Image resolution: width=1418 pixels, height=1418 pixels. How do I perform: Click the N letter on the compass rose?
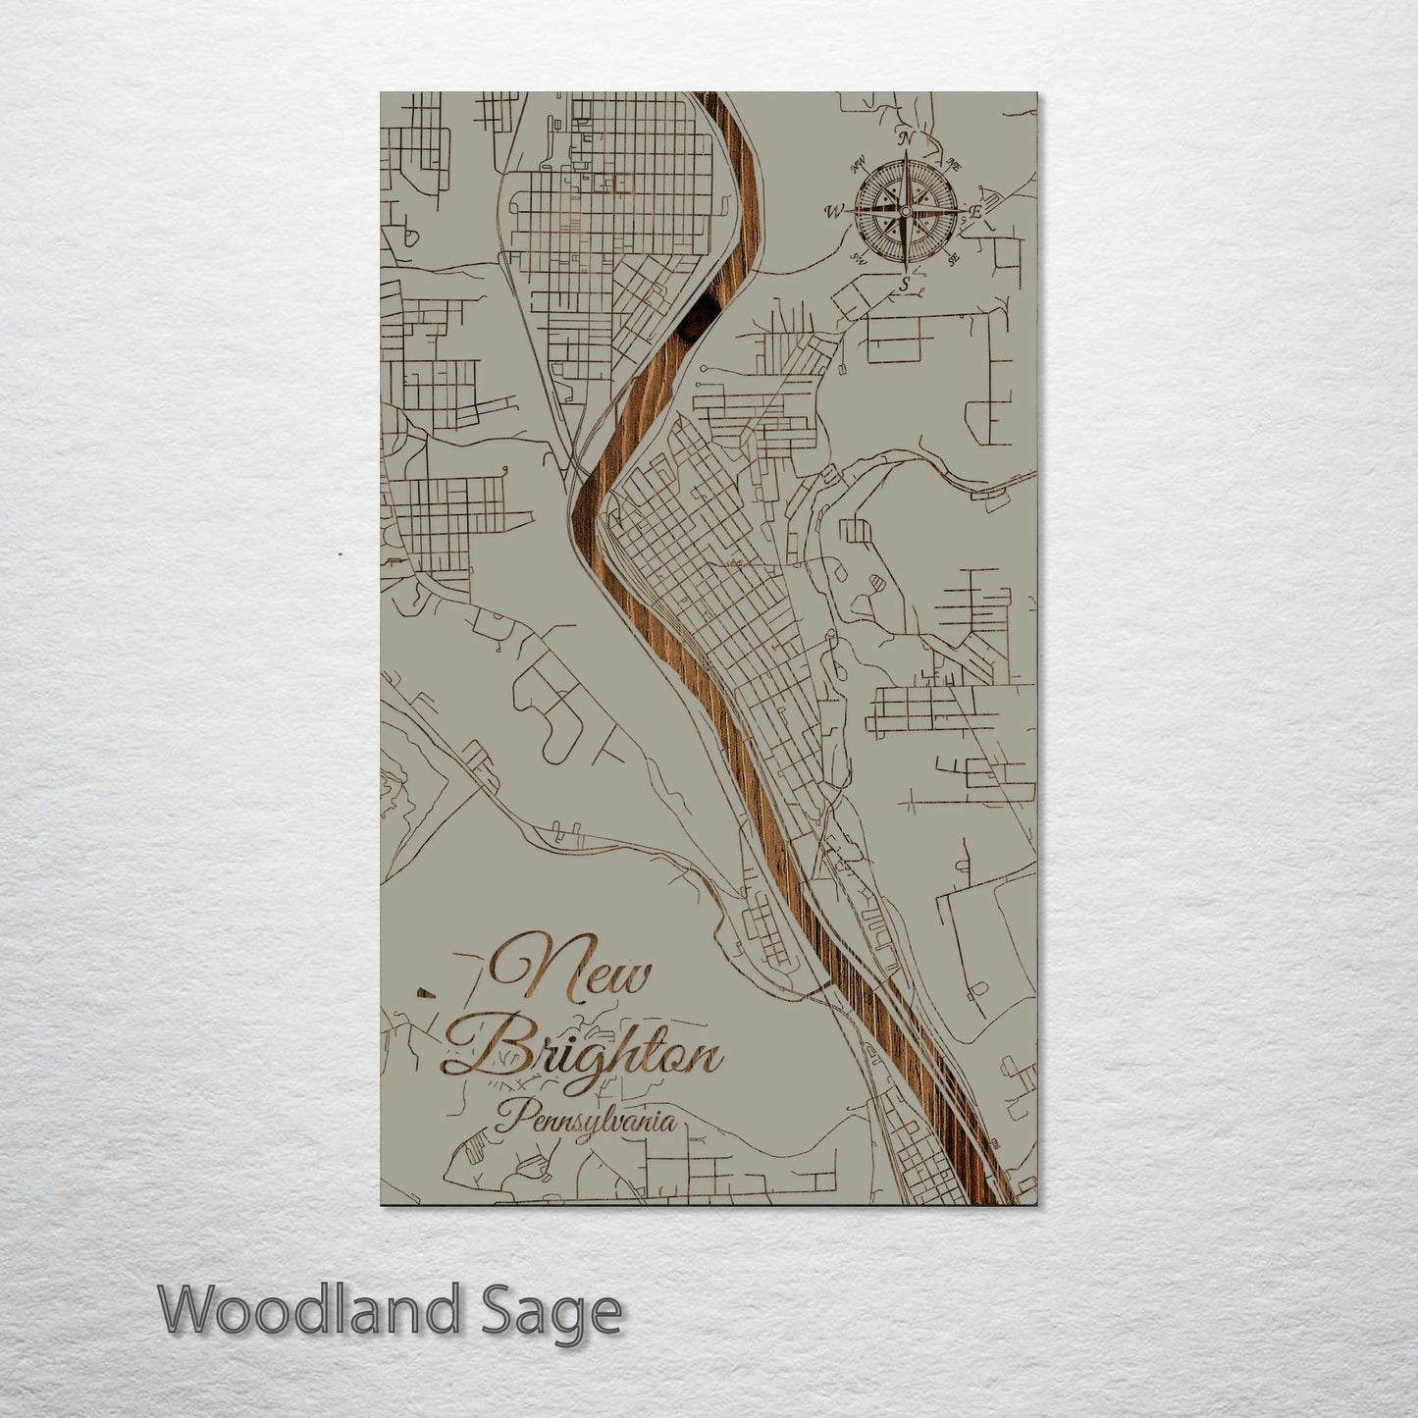(x=907, y=138)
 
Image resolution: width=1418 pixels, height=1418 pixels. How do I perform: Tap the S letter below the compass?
(x=905, y=285)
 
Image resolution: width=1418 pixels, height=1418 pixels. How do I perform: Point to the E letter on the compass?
(x=975, y=211)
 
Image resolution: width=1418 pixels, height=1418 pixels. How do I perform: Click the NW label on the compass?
(x=857, y=163)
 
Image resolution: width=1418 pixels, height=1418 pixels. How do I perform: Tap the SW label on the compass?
(x=858, y=259)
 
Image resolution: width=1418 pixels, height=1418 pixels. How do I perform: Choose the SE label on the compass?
(x=953, y=259)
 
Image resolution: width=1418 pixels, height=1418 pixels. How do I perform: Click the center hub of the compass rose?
(x=906, y=211)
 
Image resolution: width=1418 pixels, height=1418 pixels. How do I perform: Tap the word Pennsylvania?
(x=585, y=1121)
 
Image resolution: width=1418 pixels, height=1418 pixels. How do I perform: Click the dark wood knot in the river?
(x=699, y=319)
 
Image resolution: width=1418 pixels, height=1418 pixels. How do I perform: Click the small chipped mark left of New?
(x=424, y=992)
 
